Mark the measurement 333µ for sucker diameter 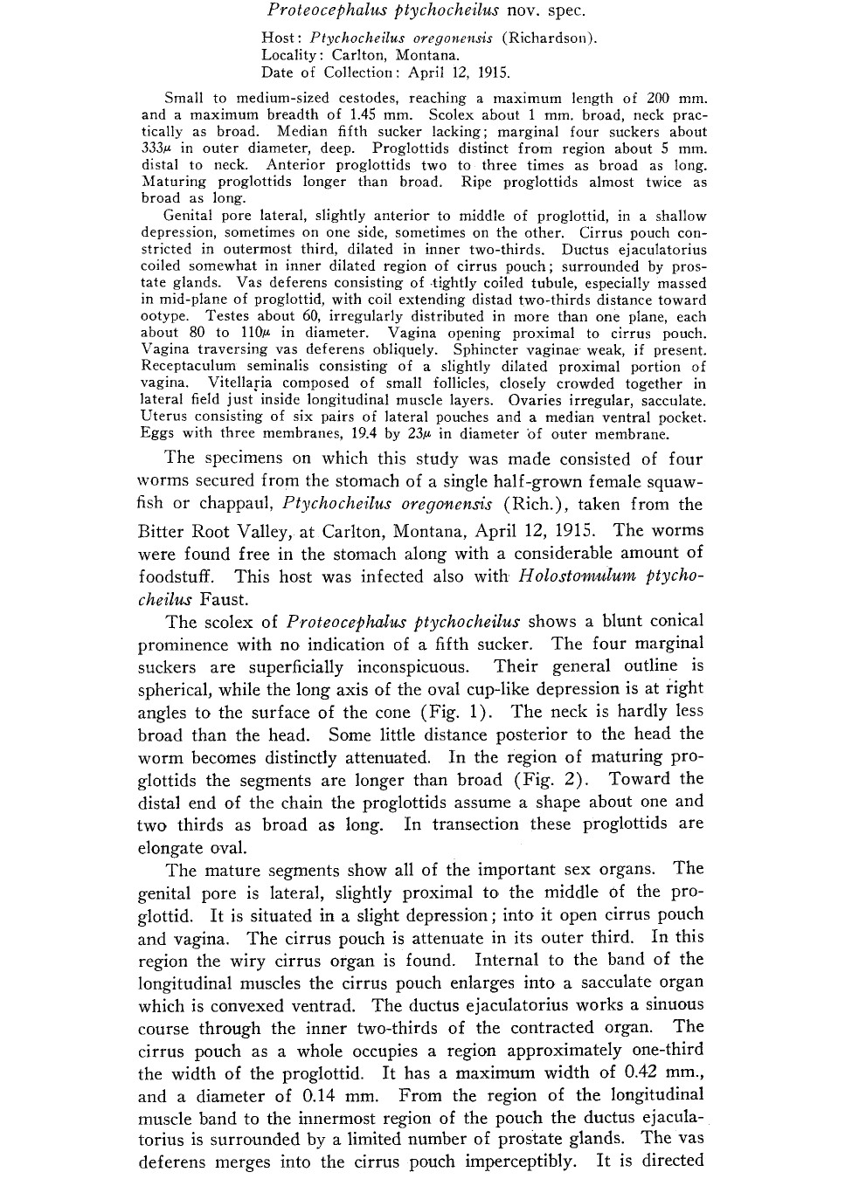point(157,148)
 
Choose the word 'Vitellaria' point(239,383)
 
